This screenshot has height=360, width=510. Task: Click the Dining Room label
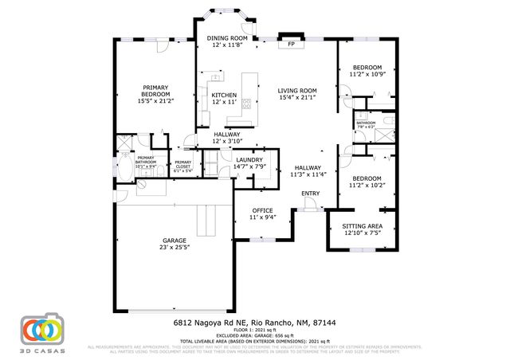(228, 38)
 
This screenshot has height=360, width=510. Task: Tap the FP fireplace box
(291, 44)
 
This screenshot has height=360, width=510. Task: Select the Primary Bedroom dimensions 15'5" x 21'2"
(155, 101)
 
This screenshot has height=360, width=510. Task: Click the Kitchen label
(223, 95)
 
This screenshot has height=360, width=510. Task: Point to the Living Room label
(297, 90)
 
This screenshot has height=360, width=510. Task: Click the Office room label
(251, 210)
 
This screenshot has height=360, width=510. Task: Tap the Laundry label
(249, 159)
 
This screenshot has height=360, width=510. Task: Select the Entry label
(310, 193)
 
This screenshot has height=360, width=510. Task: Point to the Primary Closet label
(183, 162)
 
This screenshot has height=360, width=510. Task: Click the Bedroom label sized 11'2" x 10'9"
(367, 67)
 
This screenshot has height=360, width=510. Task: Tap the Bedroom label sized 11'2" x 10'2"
(367, 178)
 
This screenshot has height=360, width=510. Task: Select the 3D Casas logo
(41, 331)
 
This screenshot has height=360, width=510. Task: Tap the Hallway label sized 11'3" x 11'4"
(308, 167)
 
